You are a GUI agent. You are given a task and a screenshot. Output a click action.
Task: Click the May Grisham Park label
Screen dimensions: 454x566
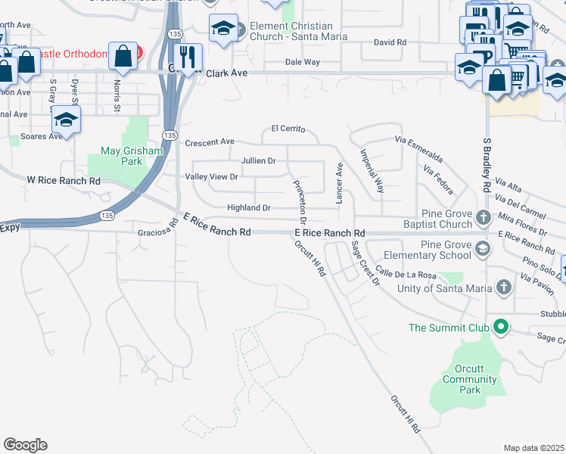(x=121, y=156)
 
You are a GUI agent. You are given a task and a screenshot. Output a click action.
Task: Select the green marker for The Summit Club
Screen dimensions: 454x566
(x=499, y=328)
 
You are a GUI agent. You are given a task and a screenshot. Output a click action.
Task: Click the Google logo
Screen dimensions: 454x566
(x=25, y=445)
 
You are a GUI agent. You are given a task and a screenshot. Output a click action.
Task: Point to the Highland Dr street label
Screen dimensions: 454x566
(x=249, y=208)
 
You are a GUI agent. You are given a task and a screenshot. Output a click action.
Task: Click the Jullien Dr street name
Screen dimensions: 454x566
(x=259, y=161)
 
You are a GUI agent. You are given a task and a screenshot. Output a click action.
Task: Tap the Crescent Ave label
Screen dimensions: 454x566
(x=210, y=142)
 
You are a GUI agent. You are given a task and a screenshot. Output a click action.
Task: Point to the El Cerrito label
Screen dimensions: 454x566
(x=288, y=129)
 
